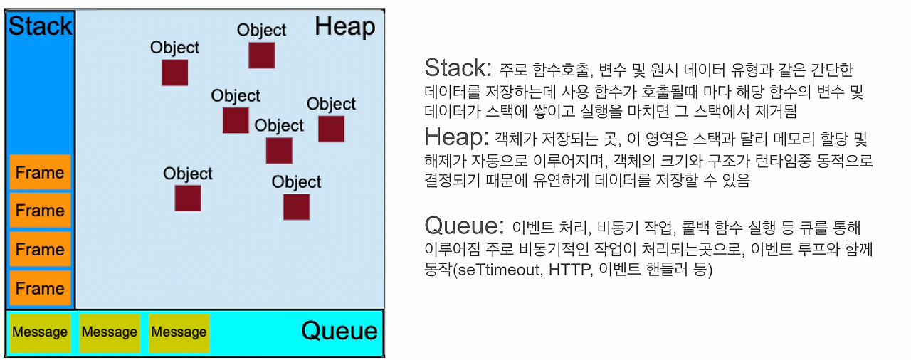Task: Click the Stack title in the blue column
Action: pos(40,26)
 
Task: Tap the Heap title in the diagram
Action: pos(344,27)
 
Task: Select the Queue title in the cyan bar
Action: pos(339,331)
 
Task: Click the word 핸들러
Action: pos(668,271)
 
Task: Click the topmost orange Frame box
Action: pos(40,172)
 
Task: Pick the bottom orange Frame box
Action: pos(40,288)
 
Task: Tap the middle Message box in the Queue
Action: pos(109,332)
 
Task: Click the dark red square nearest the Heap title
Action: pos(261,55)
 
